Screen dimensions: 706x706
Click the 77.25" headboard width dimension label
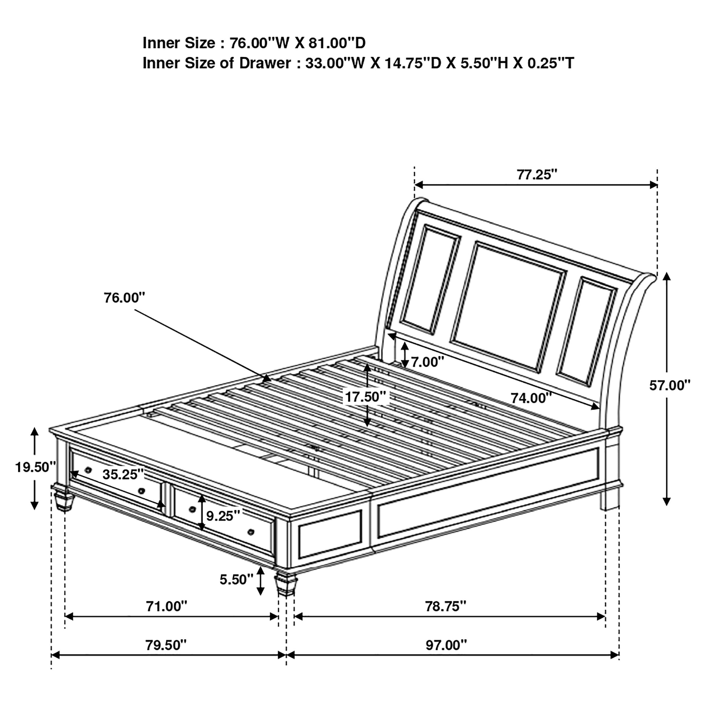pyautogui.click(x=537, y=175)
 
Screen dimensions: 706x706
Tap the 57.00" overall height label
pyautogui.click(x=670, y=385)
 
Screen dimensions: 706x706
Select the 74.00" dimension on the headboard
pyautogui.click(x=531, y=398)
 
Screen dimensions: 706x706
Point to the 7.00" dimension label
pyautogui.click(x=428, y=362)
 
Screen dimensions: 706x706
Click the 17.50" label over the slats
pyautogui.click(x=365, y=396)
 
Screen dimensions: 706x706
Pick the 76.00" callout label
pyautogui.click(x=124, y=298)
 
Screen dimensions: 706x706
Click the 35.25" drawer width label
pyautogui.click(x=123, y=474)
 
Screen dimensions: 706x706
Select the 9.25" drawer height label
pyautogui.click(x=223, y=516)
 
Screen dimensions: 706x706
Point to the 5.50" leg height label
pyautogui.click(x=236, y=579)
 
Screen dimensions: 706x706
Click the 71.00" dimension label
pyautogui.click(x=166, y=607)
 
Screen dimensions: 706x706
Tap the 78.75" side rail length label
pyautogui.click(x=445, y=607)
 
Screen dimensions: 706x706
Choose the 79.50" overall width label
pyautogui.click(x=166, y=645)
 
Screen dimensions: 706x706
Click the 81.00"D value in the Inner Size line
pyautogui.click(x=337, y=43)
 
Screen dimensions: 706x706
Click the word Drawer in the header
pyautogui.click(x=265, y=63)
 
